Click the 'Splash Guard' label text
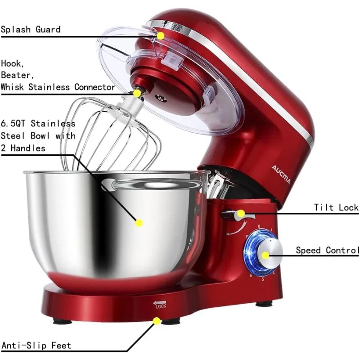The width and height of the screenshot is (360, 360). [x=30, y=30]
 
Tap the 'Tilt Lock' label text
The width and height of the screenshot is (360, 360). [x=336, y=207]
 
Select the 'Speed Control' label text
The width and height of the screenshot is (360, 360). [x=327, y=250]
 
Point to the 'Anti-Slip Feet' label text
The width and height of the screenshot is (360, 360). [x=36, y=346]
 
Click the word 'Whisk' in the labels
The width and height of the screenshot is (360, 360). [x=13, y=87]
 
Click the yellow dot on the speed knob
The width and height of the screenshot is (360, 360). [x=265, y=255]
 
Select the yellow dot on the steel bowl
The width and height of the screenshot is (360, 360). [x=139, y=222]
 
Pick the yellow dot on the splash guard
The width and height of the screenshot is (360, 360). [x=161, y=35]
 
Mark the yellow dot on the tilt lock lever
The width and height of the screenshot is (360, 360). [x=241, y=213]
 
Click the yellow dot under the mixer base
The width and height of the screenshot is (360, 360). [x=157, y=321]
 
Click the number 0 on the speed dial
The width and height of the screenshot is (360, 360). [x=258, y=227]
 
